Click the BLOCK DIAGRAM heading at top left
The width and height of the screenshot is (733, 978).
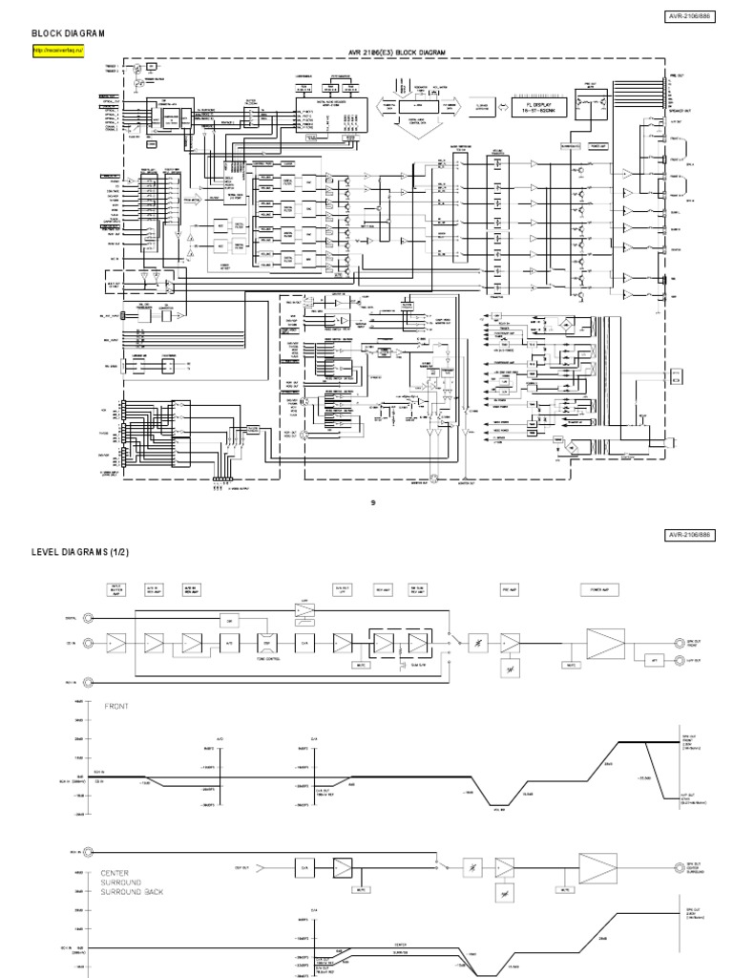(68, 32)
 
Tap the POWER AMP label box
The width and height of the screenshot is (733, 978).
(594, 589)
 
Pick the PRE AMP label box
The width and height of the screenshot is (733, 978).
(507, 589)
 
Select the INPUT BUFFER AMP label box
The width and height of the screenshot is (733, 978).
(116, 589)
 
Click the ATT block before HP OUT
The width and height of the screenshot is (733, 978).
(654, 659)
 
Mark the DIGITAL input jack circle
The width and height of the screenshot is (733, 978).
(89, 620)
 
